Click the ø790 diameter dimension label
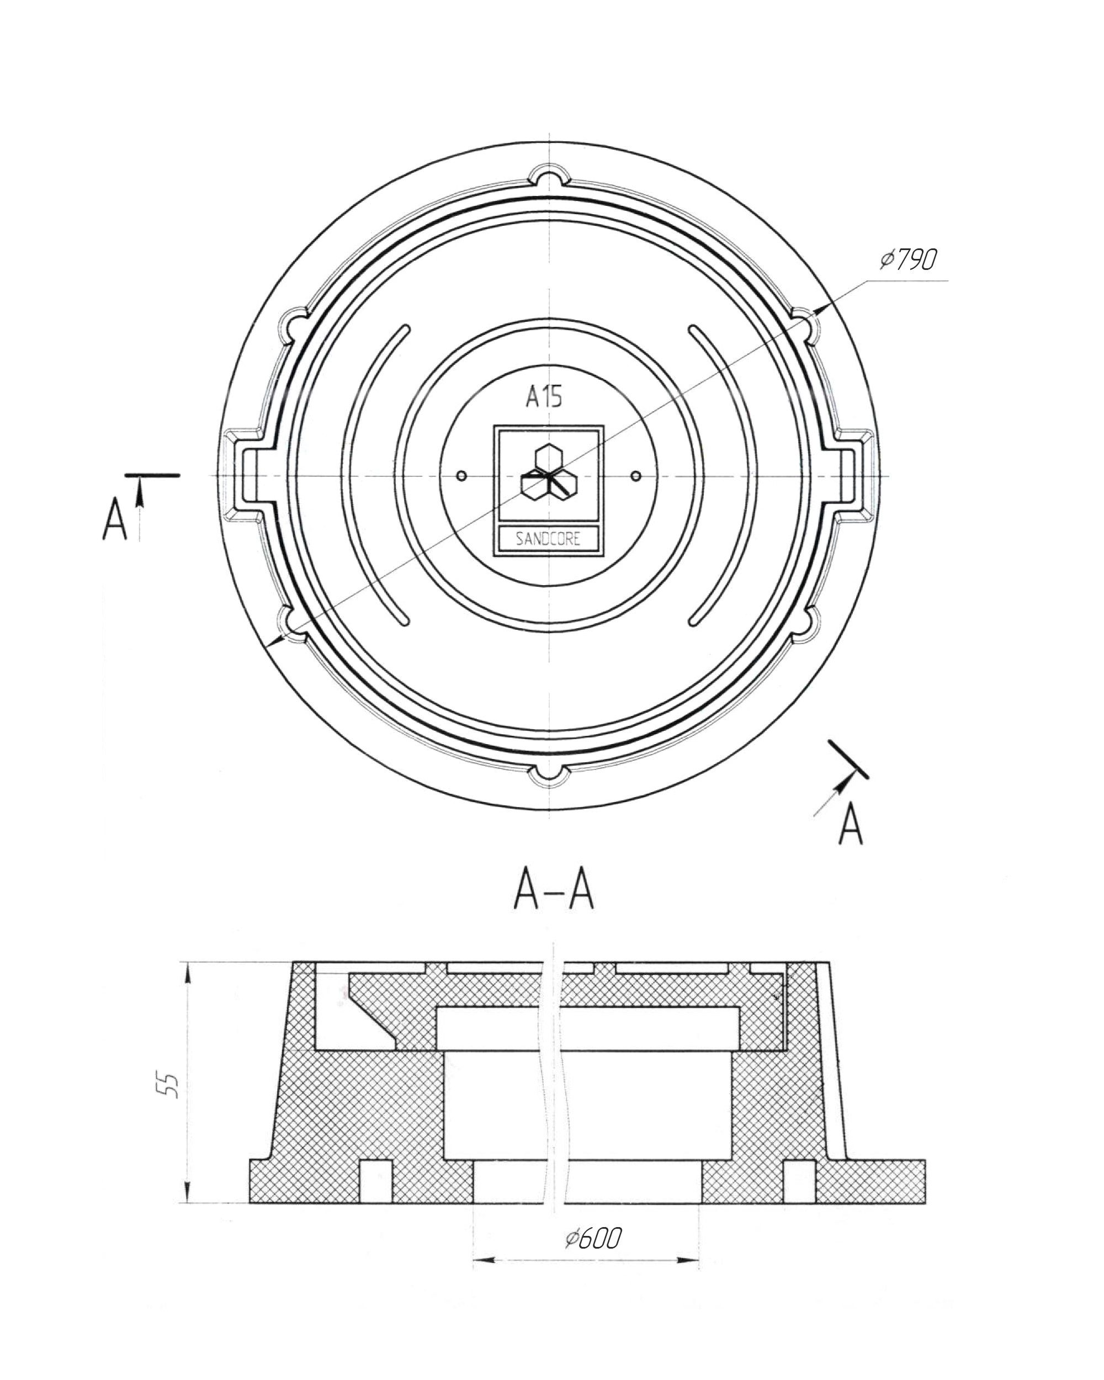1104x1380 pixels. click(908, 259)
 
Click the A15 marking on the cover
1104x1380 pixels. click(544, 397)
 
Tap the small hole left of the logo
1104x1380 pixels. click(463, 476)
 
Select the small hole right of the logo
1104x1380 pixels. click(635, 476)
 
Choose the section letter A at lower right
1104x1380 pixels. click(851, 826)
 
